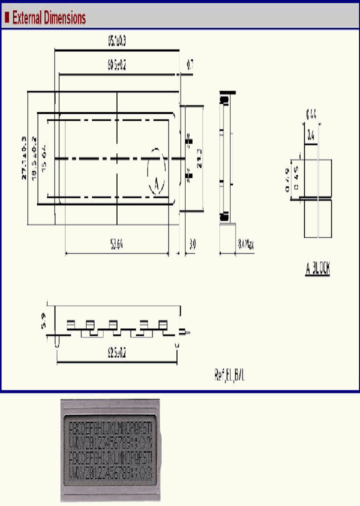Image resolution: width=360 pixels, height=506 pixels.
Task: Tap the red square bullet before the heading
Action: (7, 18)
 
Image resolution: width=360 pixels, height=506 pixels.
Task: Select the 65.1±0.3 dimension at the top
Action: (116, 42)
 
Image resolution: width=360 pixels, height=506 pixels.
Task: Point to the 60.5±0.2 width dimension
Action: (116, 65)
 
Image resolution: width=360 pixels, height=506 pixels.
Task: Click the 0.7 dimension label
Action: (190, 64)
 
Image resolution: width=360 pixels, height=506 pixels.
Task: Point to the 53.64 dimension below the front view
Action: (116, 244)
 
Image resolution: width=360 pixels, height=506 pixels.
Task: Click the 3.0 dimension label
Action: (193, 244)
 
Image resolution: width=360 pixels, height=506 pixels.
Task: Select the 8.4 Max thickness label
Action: (245, 244)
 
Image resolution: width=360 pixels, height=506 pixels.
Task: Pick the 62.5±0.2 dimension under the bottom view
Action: (116, 353)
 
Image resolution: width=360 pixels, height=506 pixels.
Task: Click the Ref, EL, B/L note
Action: (229, 375)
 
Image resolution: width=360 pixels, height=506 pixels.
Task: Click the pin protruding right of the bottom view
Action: (186, 331)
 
